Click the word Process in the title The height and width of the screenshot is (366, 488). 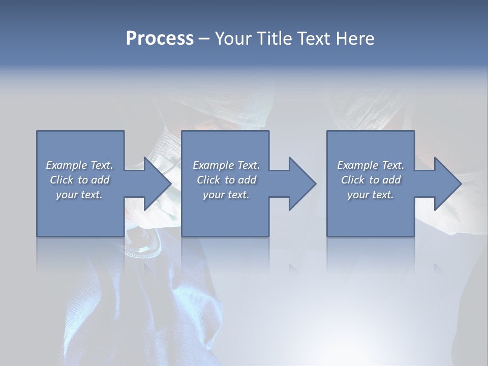click(x=160, y=39)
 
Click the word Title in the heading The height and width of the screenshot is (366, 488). click(x=275, y=39)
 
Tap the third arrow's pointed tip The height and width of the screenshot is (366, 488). click(x=460, y=184)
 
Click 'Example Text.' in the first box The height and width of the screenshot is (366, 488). click(x=79, y=165)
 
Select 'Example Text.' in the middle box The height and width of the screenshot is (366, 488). click(x=226, y=165)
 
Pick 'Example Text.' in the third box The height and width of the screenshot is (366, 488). click(x=371, y=165)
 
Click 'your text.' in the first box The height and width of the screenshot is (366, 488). click(x=79, y=195)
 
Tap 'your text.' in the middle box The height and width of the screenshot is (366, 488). click(x=226, y=195)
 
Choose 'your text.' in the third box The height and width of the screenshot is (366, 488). click(x=371, y=195)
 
